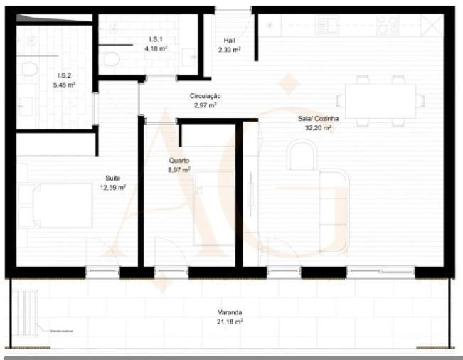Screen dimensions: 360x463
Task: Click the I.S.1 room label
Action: (156, 39)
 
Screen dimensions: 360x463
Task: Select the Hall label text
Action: (228, 41)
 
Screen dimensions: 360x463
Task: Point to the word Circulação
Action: (206, 95)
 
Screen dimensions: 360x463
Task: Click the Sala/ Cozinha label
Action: (318, 119)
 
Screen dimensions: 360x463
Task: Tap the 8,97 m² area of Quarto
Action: (179, 170)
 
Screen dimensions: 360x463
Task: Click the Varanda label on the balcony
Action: (230, 312)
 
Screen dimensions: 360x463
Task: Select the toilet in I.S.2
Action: (29, 70)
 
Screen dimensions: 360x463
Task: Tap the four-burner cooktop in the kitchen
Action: (388, 25)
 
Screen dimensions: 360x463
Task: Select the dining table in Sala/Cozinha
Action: (380, 100)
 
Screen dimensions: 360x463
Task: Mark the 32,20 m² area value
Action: (318, 128)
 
